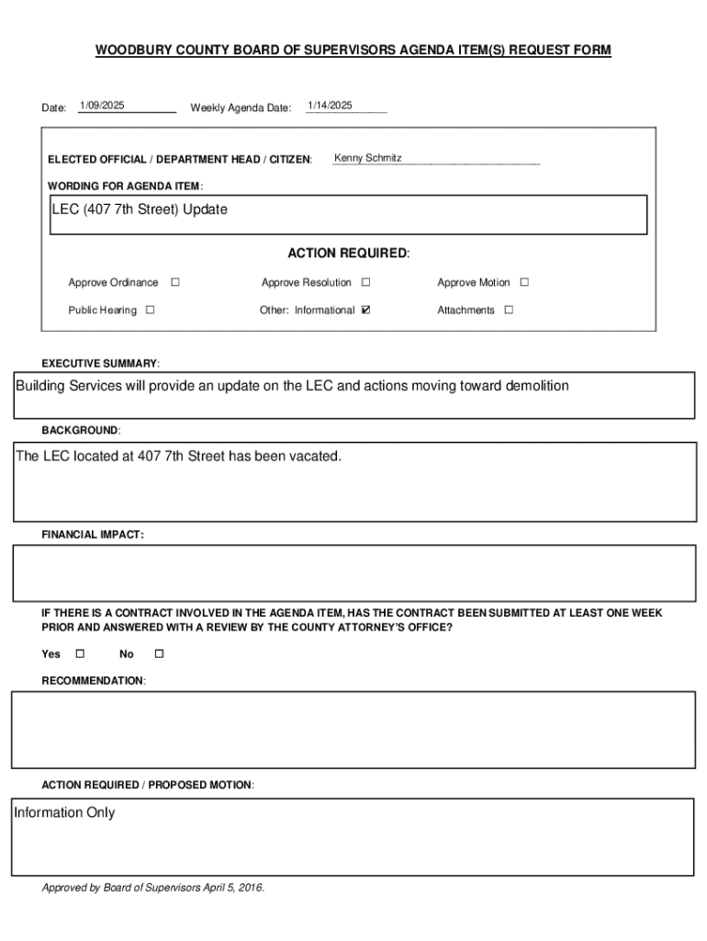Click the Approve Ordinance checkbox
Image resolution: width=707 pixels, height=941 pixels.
[175, 282]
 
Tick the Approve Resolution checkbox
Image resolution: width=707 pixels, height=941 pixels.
[366, 282]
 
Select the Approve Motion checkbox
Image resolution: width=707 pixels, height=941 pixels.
[525, 282]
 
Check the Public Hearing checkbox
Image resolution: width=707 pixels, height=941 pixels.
[150, 310]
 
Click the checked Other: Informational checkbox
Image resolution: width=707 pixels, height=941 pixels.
[366, 310]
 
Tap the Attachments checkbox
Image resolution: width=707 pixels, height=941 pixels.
[509, 310]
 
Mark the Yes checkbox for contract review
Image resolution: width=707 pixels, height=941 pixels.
[79, 653]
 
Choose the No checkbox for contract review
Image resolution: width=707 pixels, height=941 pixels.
[158, 653]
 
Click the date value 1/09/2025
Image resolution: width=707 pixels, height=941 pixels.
[102, 106]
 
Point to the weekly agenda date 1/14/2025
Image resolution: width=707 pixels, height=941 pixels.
[330, 106]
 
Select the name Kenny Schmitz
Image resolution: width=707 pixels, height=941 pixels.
[367, 158]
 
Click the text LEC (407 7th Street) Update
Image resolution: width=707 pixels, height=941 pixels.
[140, 210]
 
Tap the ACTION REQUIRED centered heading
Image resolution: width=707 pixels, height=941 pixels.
[349, 253]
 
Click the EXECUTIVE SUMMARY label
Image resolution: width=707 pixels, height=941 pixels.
[101, 364]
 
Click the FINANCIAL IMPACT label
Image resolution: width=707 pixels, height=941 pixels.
[93, 535]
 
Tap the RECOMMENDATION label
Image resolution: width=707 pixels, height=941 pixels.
[94, 681]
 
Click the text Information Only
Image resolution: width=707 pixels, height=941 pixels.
[64, 812]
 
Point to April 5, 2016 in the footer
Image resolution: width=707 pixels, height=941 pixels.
[227, 888]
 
